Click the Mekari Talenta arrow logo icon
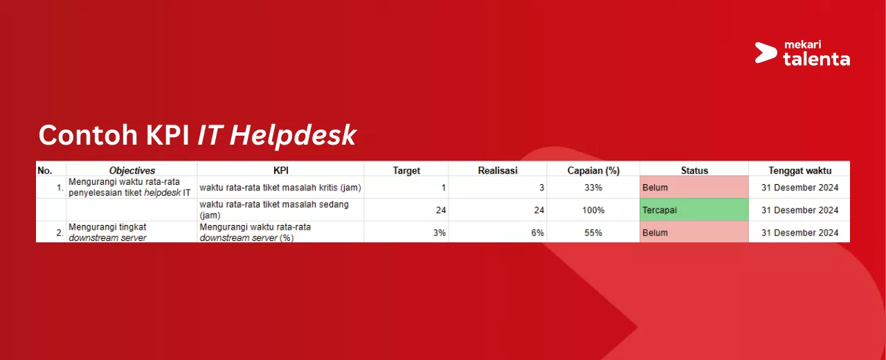click(x=766, y=53)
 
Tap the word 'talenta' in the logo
click(x=816, y=59)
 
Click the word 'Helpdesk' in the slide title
click(x=293, y=136)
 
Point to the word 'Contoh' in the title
click(x=88, y=135)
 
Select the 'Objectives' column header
click(x=132, y=170)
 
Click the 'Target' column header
click(x=406, y=170)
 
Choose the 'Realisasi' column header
click(x=498, y=170)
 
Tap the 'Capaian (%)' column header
click(x=593, y=170)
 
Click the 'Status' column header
click(x=694, y=170)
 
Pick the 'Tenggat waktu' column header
click(x=799, y=170)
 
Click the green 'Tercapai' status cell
click(x=694, y=210)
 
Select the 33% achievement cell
click(x=593, y=188)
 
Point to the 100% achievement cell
click(x=593, y=210)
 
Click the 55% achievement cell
click(x=593, y=233)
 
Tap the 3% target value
click(x=439, y=233)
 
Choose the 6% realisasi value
click(x=537, y=233)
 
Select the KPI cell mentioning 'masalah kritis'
click(x=280, y=188)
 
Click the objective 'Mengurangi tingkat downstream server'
click(x=107, y=232)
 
